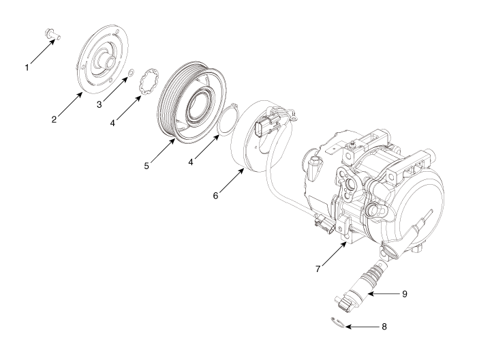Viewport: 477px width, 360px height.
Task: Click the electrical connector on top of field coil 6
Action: (266, 127)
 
